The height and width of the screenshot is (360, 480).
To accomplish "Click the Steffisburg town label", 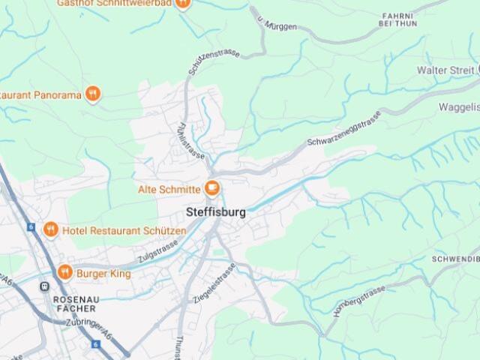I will tap(216, 212).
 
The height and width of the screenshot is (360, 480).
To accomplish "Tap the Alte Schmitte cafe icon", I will tap(212, 188).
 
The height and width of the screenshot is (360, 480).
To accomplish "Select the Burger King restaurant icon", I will tap(64, 273).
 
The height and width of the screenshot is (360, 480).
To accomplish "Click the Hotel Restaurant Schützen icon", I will tap(50, 229).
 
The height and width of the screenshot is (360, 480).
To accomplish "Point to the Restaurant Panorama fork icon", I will tap(92, 94).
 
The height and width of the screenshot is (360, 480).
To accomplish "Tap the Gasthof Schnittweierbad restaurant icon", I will tap(182, 3).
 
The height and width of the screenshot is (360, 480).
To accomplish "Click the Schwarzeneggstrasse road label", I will tap(344, 128).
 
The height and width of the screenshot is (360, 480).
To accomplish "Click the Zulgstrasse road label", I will tap(158, 252).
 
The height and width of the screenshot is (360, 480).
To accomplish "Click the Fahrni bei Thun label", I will tap(397, 19).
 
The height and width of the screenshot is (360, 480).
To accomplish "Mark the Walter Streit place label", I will tap(445, 70).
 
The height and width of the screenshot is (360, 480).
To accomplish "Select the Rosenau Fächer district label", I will tap(74, 303).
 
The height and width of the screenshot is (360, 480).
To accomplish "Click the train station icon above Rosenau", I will tap(44, 286).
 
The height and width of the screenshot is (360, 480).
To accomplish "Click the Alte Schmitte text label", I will tap(169, 189).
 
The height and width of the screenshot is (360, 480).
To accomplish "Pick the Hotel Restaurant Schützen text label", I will tap(124, 230).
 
